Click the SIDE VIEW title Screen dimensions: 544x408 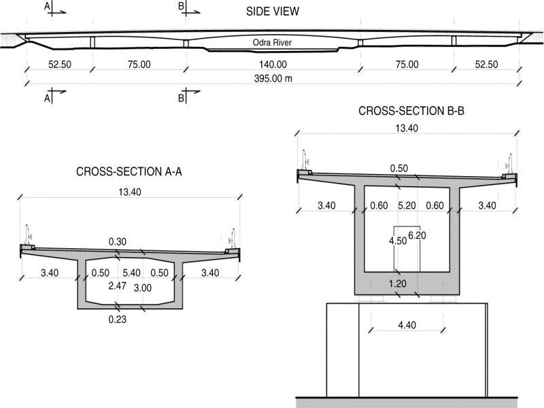point(273,12)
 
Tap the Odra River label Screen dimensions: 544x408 point(272,42)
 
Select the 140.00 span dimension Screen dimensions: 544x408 point(273,65)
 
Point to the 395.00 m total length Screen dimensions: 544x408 point(273,78)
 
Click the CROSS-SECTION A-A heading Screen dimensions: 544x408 point(129,171)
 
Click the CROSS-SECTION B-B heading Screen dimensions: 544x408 point(411,111)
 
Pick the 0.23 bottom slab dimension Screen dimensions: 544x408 point(117,319)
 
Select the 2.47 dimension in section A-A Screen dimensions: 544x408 point(117,286)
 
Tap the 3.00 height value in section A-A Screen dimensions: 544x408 point(143,288)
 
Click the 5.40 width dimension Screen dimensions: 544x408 point(131,273)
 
